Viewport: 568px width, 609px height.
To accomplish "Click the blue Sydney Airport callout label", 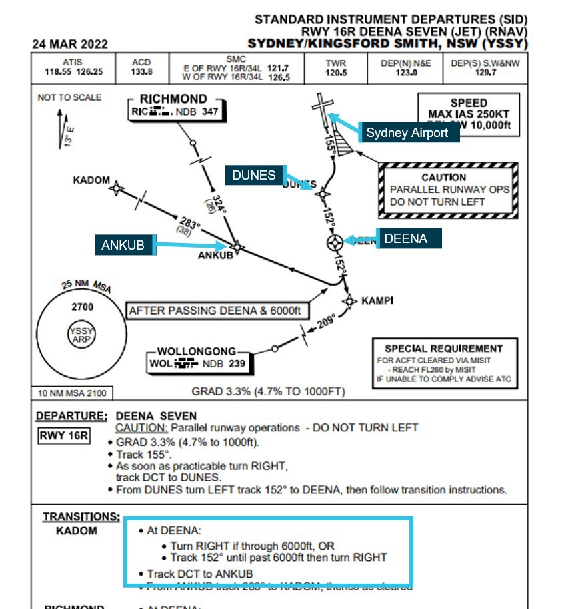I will (x=407, y=132).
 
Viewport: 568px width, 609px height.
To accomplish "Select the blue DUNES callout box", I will (x=254, y=175).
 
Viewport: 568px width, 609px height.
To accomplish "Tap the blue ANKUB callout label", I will (x=123, y=245).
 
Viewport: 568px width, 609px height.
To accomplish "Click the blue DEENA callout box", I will (x=405, y=238).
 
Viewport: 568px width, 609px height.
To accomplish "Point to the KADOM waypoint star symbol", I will (x=117, y=188).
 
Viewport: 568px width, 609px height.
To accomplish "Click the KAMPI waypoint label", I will (x=377, y=300).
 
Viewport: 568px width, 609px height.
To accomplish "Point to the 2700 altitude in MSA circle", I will (x=83, y=307).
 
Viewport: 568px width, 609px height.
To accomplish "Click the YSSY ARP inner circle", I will (x=83, y=335).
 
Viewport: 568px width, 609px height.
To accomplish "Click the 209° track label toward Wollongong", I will (x=325, y=323).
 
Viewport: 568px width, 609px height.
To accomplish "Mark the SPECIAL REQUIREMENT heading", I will (x=443, y=348).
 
